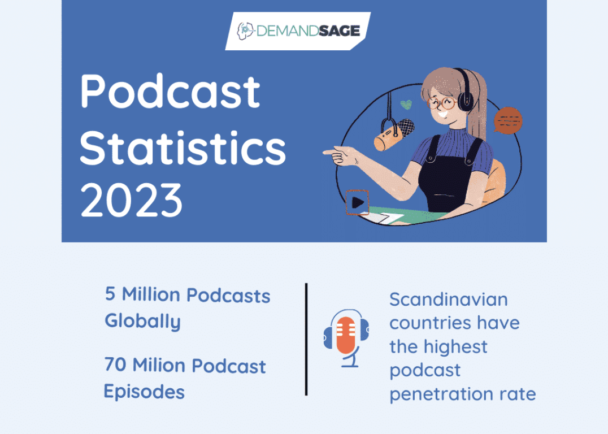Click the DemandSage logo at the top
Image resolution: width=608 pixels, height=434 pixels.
pyautogui.click(x=298, y=29)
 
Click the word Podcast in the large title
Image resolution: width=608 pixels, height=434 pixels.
pyautogui.click(x=170, y=92)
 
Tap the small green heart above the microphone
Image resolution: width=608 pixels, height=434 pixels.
pyautogui.click(x=405, y=105)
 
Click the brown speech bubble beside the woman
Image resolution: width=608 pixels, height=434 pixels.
pyautogui.click(x=507, y=121)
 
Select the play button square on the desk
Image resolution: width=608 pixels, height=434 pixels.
pyautogui.click(x=357, y=202)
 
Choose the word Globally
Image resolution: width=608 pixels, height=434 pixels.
pyautogui.click(x=142, y=321)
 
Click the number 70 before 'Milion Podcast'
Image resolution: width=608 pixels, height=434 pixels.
pyautogui.click(x=115, y=365)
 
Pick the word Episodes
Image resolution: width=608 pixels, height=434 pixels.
pyautogui.click(x=144, y=391)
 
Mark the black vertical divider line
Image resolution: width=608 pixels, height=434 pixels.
pyautogui.click(x=306, y=339)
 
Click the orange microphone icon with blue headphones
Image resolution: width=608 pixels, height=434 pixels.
pyautogui.click(x=346, y=337)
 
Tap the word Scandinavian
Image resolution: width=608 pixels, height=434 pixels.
pyautogui.click(x=441, y=300)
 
